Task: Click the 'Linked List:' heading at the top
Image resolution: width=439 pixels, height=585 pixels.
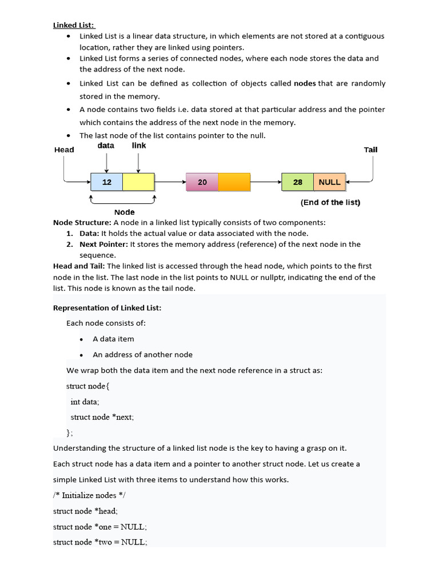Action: tap(74, 25)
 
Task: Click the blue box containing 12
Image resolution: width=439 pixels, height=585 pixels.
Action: tap(107, 182)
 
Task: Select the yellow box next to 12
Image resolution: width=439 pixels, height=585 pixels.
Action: tap(139, 182)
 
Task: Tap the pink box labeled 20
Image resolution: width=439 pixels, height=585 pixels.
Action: tap(202, 182)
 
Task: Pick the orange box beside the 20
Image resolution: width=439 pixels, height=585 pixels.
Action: tap(234, 182)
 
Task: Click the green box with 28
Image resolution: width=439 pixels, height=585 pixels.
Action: tap(298, 182)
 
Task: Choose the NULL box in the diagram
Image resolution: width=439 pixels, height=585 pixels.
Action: tap(330, 182)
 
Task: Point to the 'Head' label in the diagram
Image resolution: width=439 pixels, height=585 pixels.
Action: tap(64, 150)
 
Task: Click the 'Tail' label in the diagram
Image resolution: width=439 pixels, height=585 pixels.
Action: tap(370, 150)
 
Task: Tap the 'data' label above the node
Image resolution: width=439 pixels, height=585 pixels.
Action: tap(106, 146)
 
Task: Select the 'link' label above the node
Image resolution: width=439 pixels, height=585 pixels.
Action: tap(139, 146)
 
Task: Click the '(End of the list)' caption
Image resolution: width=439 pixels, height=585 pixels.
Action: tap(330, 202)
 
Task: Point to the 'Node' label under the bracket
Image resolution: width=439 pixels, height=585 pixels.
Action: tap(125, 212)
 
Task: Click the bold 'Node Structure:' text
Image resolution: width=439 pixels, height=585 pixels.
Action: tap(82, 222)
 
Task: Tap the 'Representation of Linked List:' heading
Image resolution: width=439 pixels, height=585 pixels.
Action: tap(107, 308)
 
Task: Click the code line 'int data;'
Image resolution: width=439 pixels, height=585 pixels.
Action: tap(85, 402)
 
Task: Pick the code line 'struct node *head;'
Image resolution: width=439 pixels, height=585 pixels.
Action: tap(85, 511)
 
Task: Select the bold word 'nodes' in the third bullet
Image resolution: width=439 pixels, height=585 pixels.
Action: tap(305, 83)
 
